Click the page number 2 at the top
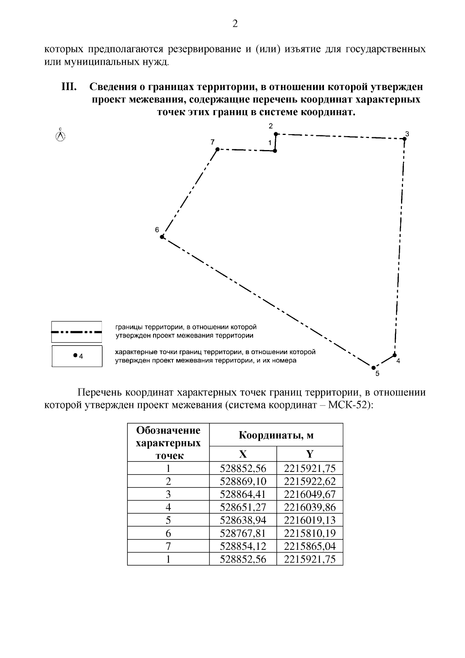(x=235, y=24)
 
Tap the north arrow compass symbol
(x=60, y=136)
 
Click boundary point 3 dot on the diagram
(x=404, y=139)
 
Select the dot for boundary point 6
(x=162, y=236)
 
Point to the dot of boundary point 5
(x=373, y=367)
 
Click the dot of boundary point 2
(x=276, y=134)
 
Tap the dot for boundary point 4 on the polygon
(x=394, y=355)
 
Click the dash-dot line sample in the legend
(x=77, y=332)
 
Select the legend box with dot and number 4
(x=77, y=356)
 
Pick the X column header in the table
(x=243, y=454)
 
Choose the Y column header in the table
(x=310, y=454)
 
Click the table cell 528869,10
(x=243, y=481)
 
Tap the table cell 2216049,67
(x=310, y=494)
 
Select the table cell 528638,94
(x=243, y=520)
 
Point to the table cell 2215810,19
(x=310, y=533)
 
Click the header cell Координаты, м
(x=276, y=435)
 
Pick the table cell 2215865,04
(x=310, y=546)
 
